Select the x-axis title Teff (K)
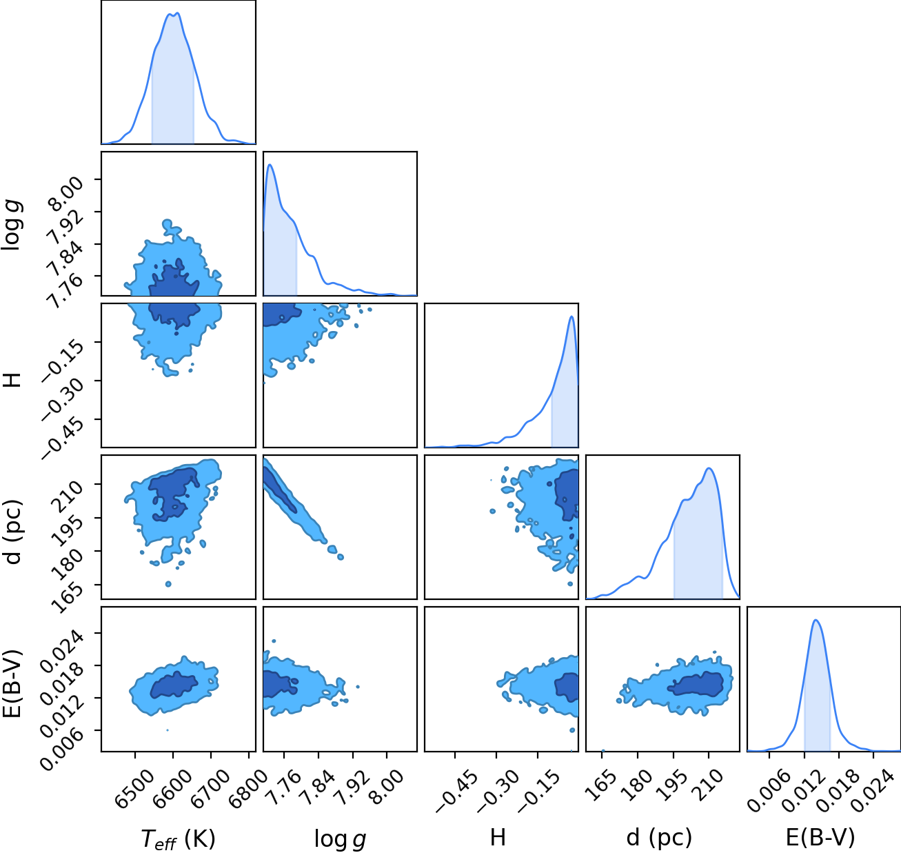click(x=178, y=839)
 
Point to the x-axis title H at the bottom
click(x=498, y=837)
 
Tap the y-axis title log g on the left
click(x=11, y=225)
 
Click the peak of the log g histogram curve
click(x=270, y=164)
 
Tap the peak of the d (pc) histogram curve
click(x=709, y=468)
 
